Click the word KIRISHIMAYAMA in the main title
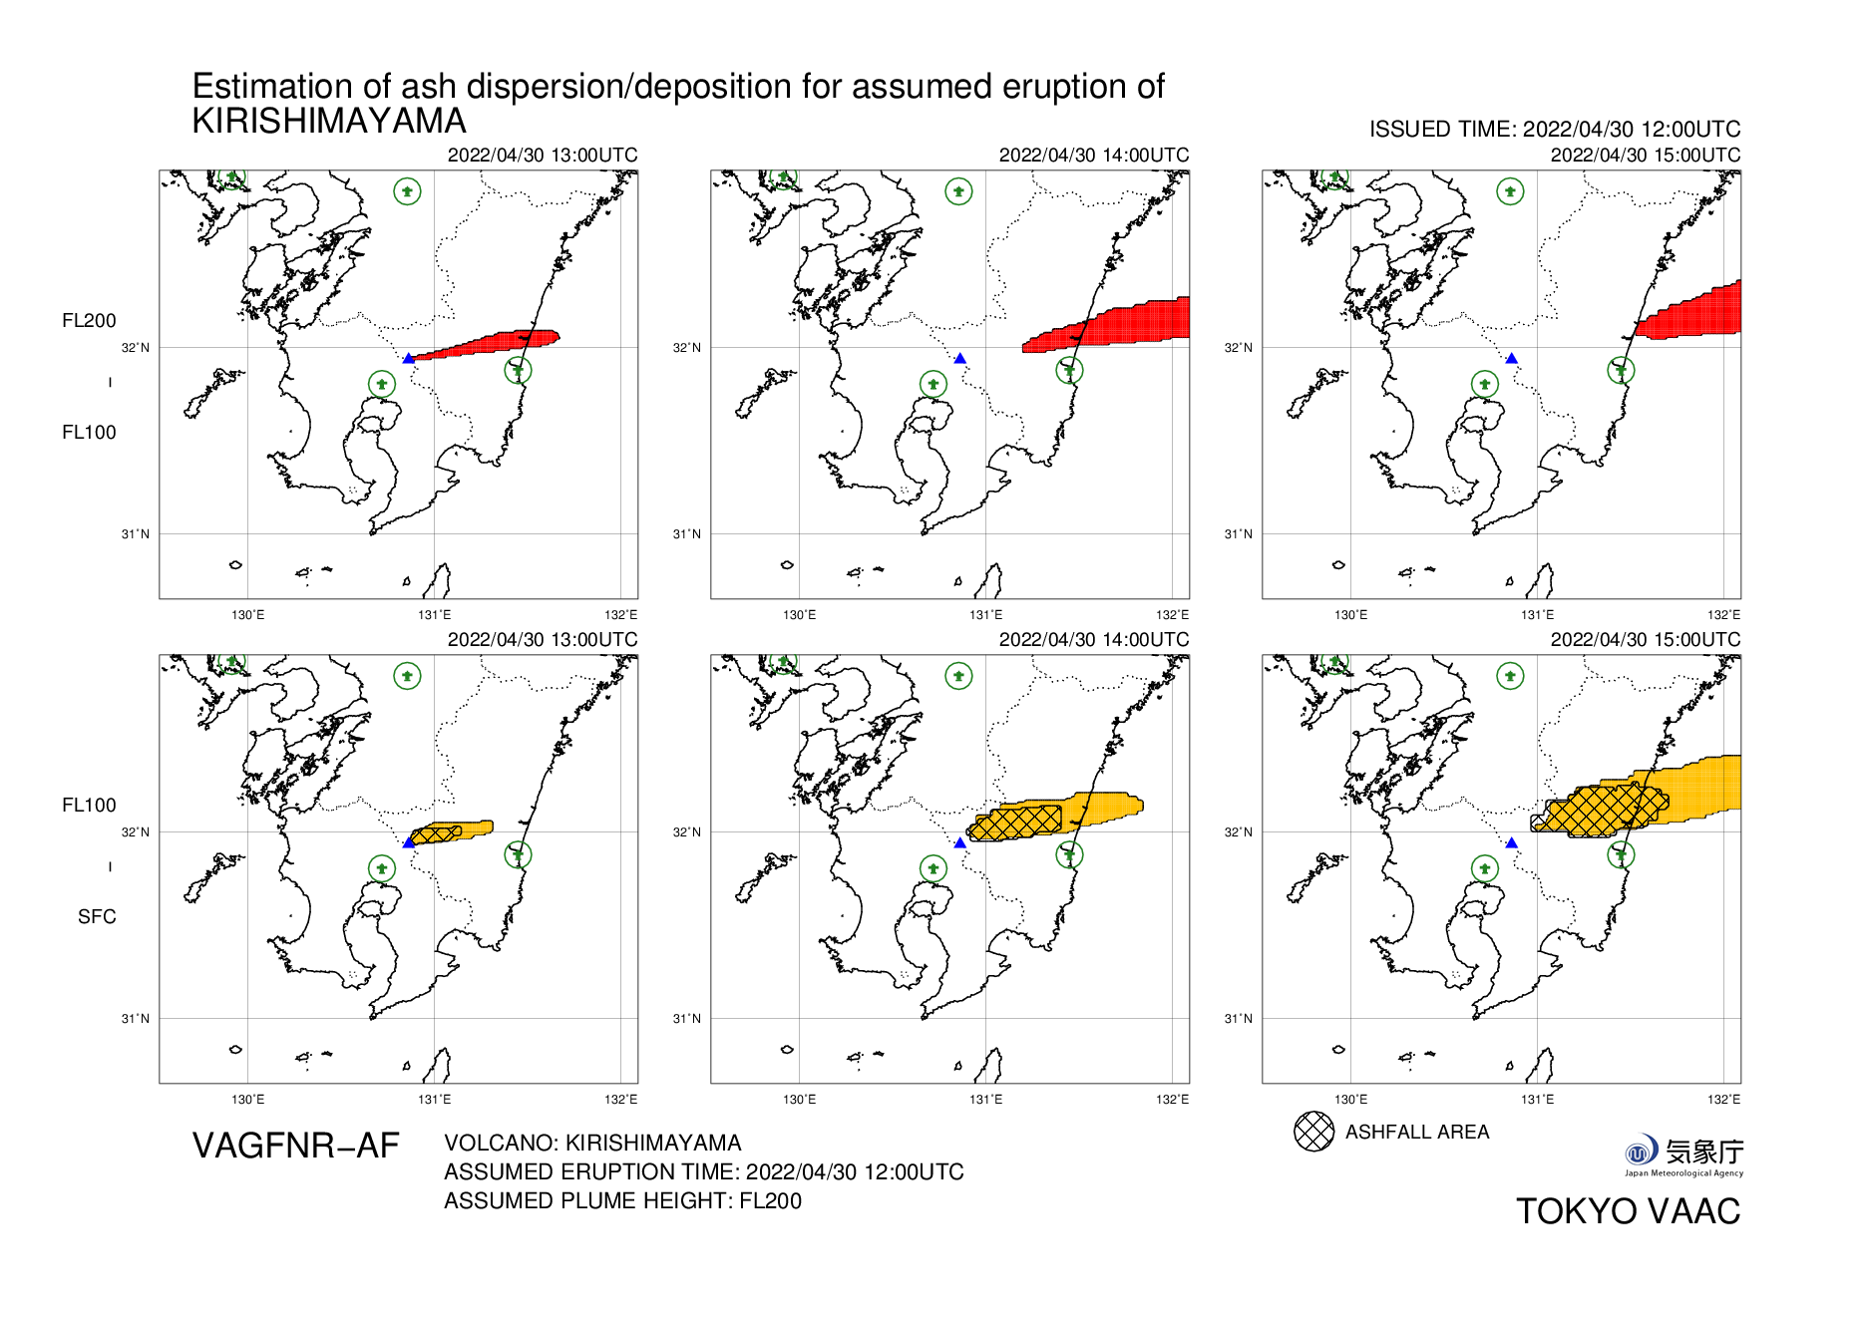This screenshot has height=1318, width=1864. pyautogui.click(x=329, y=122)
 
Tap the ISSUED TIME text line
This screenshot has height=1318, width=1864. pyautogui.click(x=1554, y=130)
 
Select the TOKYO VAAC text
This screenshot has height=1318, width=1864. pyautogui.click(x=1628, y=1211)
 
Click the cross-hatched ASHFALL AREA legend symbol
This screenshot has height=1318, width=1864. pyautogui.click(x=1313, y=1132)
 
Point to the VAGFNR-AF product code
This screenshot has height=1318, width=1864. pyautogui.click(x=295, y=1147)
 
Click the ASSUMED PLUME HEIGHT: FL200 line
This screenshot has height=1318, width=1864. pyautogui.click(x=622, y=1201)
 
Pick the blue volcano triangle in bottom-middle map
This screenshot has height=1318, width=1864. pyautogui.click(x=959, y=843)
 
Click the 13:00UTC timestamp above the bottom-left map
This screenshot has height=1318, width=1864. pyautogui.click(x=542, y=640)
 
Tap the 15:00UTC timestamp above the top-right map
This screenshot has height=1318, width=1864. pyautogui.click(x=1645, y=156)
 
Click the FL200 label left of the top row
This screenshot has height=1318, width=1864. pyautogui.click(x=89, y=321)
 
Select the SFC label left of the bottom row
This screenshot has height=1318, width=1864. pyautogui.click(x=97, y=917)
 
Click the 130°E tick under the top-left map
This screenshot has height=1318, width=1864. pyautogui.click(x=247, y=615)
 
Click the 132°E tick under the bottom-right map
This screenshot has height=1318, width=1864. pyautogui.click(x=1723, y=1100)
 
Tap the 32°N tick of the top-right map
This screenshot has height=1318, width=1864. pyautogui.click(x=1239, y=348)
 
